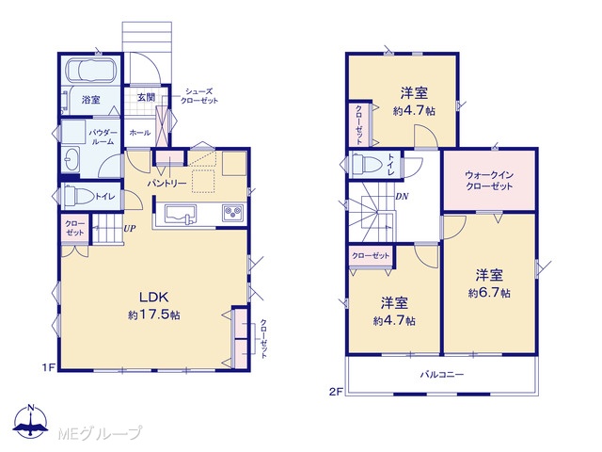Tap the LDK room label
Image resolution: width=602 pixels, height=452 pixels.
coord(153,298)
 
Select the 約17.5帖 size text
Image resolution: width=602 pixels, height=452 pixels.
coord(154,315)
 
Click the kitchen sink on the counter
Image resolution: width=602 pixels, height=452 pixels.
coord(180,214)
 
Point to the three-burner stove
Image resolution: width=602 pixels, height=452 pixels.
coord(233,213)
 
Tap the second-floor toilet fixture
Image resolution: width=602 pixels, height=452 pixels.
coord(364,165)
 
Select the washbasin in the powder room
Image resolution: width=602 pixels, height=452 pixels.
coord(71,159)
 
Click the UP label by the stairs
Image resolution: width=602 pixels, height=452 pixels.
coord(130,229)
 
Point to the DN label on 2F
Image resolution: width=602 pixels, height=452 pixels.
coord(402,197)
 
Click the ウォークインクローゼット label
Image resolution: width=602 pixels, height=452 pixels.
coord(489,181)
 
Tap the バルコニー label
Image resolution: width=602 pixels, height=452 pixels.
coord(442,374)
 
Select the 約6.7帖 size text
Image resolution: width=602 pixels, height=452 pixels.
coord(489,293)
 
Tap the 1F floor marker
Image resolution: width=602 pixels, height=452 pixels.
coord(49,368)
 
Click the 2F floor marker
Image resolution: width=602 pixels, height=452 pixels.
coord(335,392)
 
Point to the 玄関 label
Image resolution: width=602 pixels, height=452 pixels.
coord(147,97)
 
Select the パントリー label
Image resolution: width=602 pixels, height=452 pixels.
coord(167,184)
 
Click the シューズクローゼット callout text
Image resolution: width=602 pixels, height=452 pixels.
coord(199,96)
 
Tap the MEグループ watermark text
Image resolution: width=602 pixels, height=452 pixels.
coord(101,434)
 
